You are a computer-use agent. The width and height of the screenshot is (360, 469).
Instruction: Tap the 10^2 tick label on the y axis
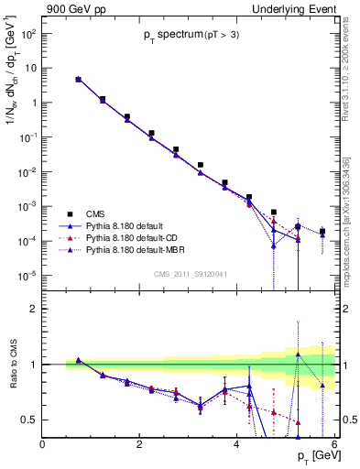(x=27, y=33)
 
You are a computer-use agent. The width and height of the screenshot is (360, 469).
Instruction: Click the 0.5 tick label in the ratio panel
(x=27, y=420)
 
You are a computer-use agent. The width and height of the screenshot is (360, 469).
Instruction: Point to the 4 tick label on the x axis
(x=236, y=445)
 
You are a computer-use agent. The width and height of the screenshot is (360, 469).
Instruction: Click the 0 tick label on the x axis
(x=42, y=445)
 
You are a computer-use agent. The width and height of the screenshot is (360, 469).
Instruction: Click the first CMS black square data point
(x=78, y=80)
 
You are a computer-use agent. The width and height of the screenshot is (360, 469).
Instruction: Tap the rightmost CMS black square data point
(x=322, y=232)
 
